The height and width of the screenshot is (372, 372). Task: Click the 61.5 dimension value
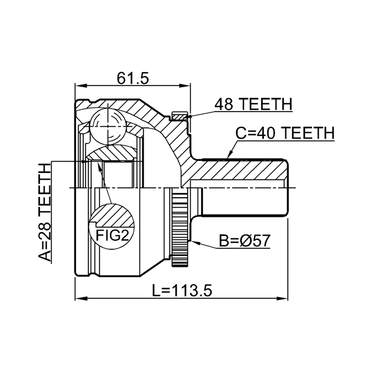point(133,78)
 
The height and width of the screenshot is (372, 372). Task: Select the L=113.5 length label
point(181,291)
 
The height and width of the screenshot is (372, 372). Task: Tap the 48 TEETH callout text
point(253,104)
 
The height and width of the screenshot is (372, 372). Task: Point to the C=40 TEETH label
point(285,133)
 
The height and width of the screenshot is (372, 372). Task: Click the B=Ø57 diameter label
point(244,241)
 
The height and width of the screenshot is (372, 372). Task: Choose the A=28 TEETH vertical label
point(45,213)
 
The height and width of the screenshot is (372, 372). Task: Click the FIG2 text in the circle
point(112,235)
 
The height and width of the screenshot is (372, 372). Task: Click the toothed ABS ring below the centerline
point(180,227)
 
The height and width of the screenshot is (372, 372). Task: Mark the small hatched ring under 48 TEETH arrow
point(180,117)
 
